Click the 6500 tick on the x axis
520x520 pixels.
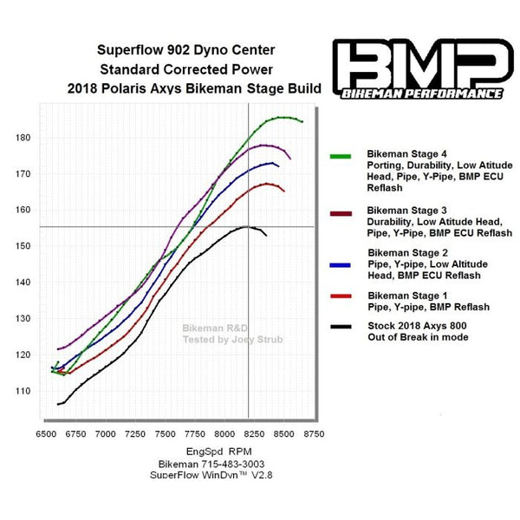coord(47,432)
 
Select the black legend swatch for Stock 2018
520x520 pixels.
coord(341,326)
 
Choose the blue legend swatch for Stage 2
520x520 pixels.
coord(341,263)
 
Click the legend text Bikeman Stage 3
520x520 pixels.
coord(407,211)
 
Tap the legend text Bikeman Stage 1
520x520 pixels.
coord(407,296)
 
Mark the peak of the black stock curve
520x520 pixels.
coord(247,226)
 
